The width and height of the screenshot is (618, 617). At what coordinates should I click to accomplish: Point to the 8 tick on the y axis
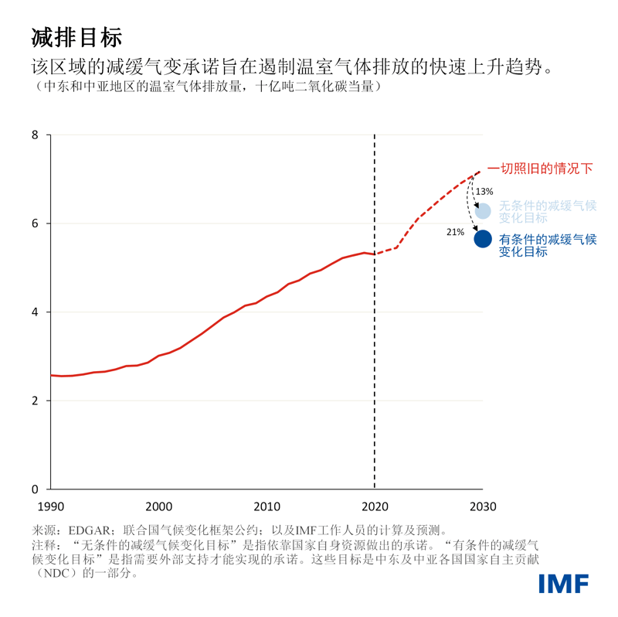(x=34, y=135)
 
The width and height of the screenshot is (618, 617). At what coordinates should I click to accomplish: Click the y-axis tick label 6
(x=34, y=223)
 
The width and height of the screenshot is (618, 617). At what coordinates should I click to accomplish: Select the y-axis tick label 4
(x=34, y=312)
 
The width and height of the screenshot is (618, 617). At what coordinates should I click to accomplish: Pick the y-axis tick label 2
(x=34, y=401)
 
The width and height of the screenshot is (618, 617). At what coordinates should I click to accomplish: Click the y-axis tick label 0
(x=34, y=489)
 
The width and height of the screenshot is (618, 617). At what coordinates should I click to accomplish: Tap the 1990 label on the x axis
(x=50, y=506)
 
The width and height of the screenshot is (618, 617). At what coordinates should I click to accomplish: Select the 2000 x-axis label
(x=158, y=506)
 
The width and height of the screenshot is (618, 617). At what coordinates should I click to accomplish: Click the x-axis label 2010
(x=267, y=506)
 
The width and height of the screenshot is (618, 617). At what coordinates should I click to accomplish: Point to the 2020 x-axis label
(x=375, y=506)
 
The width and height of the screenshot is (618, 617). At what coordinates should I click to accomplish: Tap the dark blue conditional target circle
(x=483, y=239)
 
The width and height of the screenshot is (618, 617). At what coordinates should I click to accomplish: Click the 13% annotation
(x=484, y=191)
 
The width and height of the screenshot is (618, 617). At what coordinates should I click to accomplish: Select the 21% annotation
(x=455, y=231)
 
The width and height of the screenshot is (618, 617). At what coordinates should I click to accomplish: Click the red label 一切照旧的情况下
(x=540, y=169)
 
